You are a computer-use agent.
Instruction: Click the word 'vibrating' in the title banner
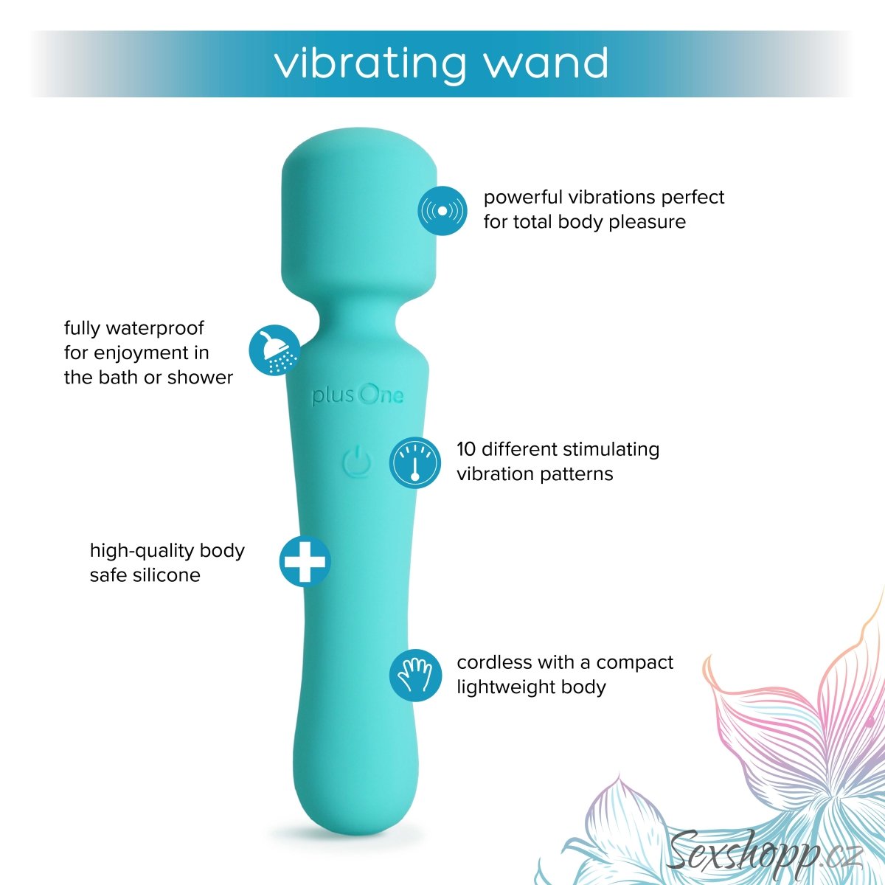coord(370,64)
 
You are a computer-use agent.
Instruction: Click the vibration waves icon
coord(442,211)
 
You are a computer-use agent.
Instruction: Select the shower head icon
coord(274,350)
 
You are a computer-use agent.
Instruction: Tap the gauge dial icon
coord(414,462)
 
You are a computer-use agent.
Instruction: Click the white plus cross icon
coord(305,560)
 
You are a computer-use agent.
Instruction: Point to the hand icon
coord(414,675)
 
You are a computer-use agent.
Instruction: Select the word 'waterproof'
coord(155,328)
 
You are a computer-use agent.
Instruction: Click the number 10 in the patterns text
coord(466,449)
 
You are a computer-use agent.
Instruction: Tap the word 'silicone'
coord(167,575)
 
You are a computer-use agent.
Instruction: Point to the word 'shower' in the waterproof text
coord(200,378)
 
